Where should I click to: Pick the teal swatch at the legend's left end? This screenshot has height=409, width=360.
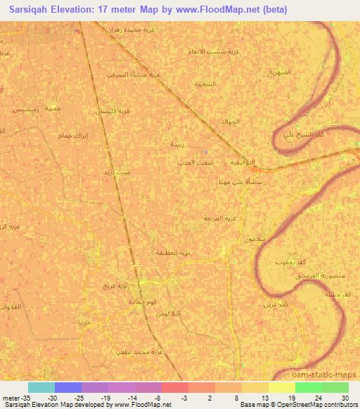point(41,387)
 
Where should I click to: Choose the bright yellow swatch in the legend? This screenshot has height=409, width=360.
point(281,387)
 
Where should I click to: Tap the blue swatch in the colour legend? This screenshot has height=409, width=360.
point(68,387)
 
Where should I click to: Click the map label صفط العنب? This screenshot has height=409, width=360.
point(195,162)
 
